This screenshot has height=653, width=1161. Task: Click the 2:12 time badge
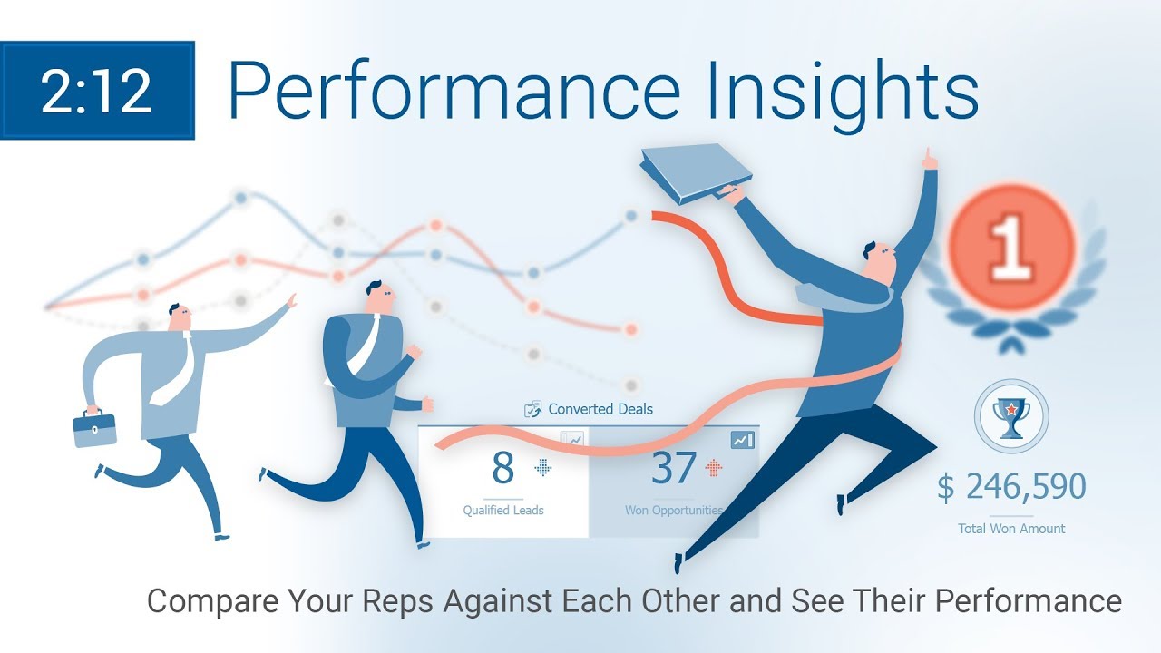pos(97,90)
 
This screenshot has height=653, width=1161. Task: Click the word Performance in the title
pos(454,90)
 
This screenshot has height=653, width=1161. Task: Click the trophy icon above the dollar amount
pos(1011,416)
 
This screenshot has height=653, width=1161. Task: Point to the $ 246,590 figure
pos(1011,487)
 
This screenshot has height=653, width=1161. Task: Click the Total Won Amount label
pos(1011,529)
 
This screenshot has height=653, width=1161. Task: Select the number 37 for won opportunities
pos(673,468)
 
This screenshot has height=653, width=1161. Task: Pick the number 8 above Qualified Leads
pos(502,468)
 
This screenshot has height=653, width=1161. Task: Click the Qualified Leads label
pos(503,511)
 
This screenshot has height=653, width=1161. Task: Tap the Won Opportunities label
pos(674,511)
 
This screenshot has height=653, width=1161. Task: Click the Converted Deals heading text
pos(600,409)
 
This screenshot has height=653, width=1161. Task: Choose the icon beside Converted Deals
pos(532,409)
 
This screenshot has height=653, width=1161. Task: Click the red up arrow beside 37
pos(714,468)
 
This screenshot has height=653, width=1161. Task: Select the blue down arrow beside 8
pos(542,468)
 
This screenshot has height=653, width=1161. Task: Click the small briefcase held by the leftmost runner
pos(94,427)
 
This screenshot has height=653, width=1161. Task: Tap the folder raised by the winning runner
pos(696,172)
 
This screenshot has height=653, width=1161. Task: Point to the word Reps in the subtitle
pos(397,601)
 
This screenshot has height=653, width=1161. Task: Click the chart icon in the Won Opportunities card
pos(742,440)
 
